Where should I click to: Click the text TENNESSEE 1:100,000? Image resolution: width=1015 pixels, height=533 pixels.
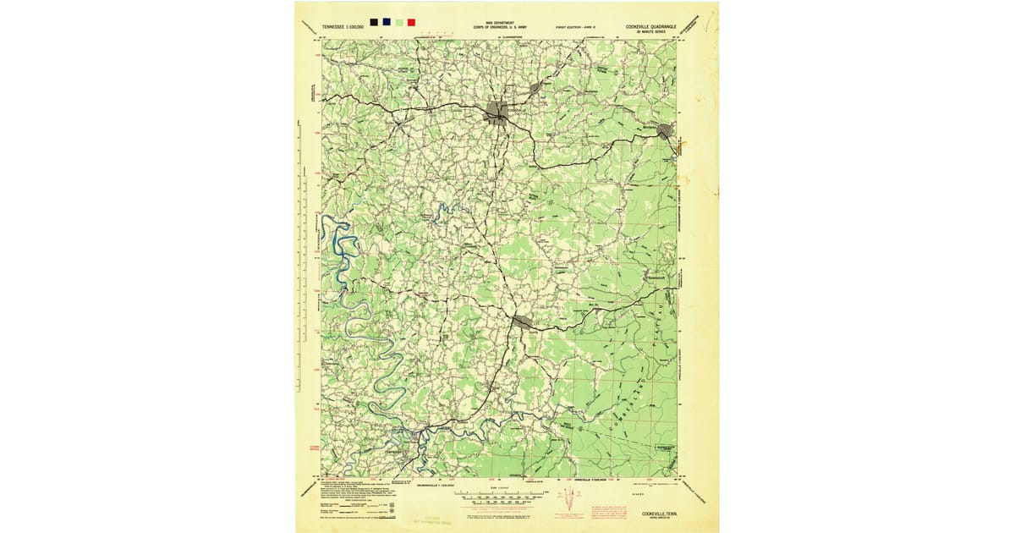(x=343, y=27)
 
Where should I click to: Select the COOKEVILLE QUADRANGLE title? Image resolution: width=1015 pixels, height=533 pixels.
(x=652, y=26)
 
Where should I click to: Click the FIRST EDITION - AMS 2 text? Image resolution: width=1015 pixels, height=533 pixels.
(x=577, y=28)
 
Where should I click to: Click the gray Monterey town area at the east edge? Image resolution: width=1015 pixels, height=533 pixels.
(x=665, y=130)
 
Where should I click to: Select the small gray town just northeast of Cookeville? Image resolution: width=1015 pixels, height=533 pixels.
(x=535, y=87)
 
